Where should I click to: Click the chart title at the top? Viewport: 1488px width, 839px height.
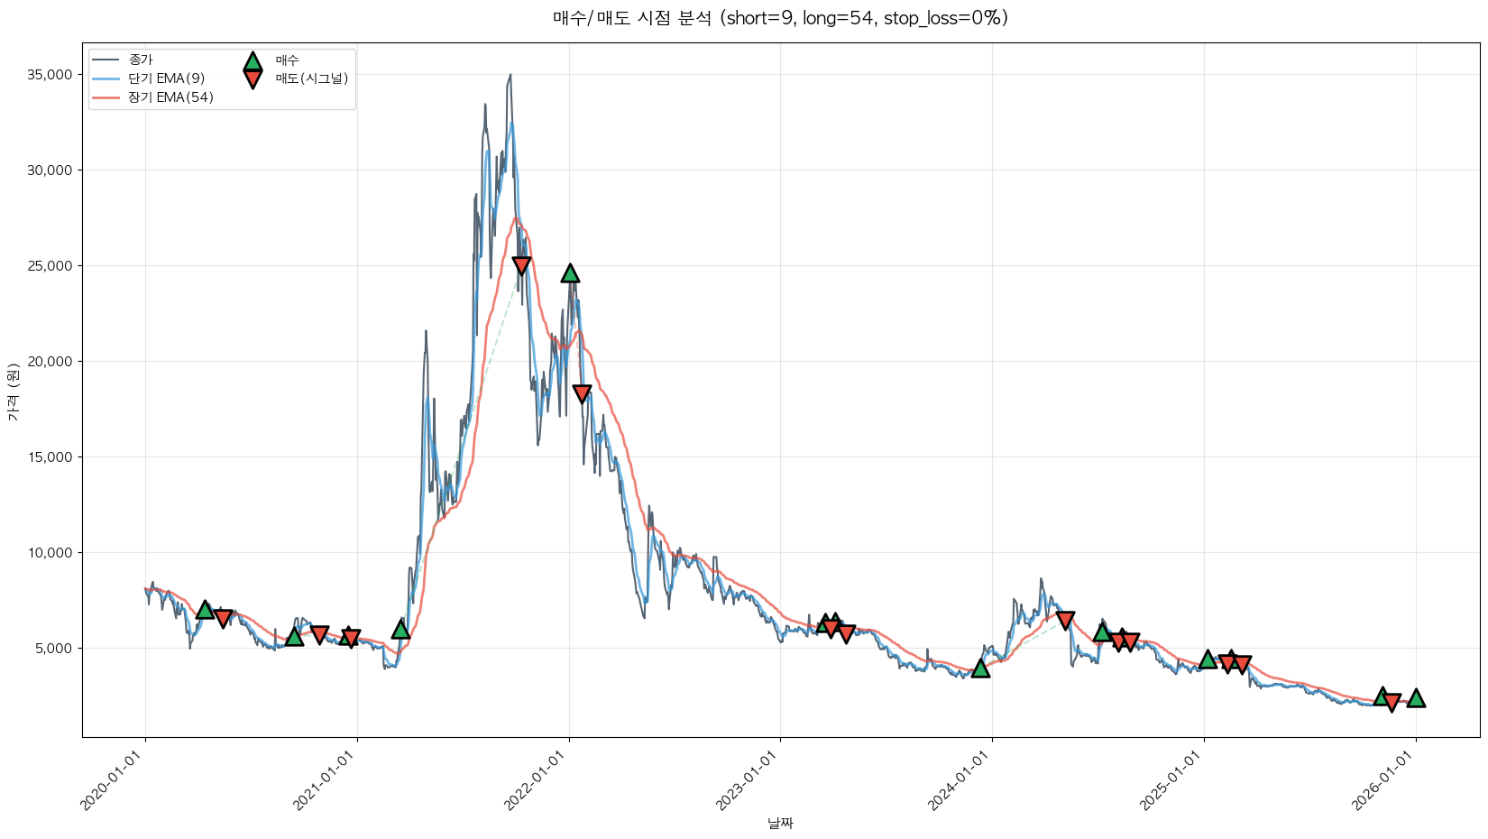coord(780,18)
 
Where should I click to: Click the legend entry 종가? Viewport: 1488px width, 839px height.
coord(141,60)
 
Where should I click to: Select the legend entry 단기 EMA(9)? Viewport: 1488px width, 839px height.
coord(166,78)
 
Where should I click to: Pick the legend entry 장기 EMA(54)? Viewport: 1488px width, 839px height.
coord(170,97)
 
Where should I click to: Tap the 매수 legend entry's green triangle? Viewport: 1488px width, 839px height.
coord(253,61)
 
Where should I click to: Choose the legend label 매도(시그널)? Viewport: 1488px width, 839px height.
coord(311,78)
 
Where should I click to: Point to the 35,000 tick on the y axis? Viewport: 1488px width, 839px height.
coord(50,75)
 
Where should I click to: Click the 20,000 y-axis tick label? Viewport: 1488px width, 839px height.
coord(50,362)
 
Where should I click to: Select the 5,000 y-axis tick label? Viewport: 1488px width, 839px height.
coord(53,649)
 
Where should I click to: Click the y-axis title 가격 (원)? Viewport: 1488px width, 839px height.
coord(13,392)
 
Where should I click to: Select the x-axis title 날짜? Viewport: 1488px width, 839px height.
coord(780,823)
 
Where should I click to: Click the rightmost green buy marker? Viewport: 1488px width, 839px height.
coord(1416,698)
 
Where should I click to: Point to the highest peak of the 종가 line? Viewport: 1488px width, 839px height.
coord(510,75)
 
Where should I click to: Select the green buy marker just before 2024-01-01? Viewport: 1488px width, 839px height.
coord(980,668)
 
